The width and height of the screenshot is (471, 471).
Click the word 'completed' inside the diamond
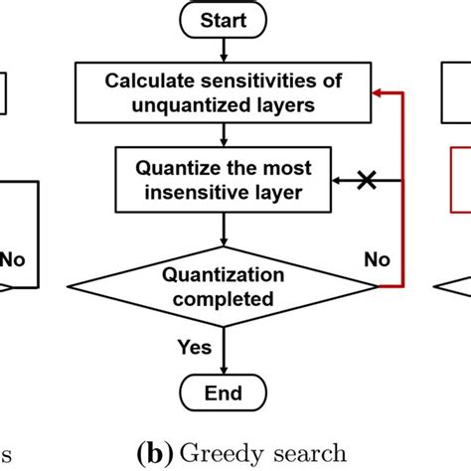coord(225,297)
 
